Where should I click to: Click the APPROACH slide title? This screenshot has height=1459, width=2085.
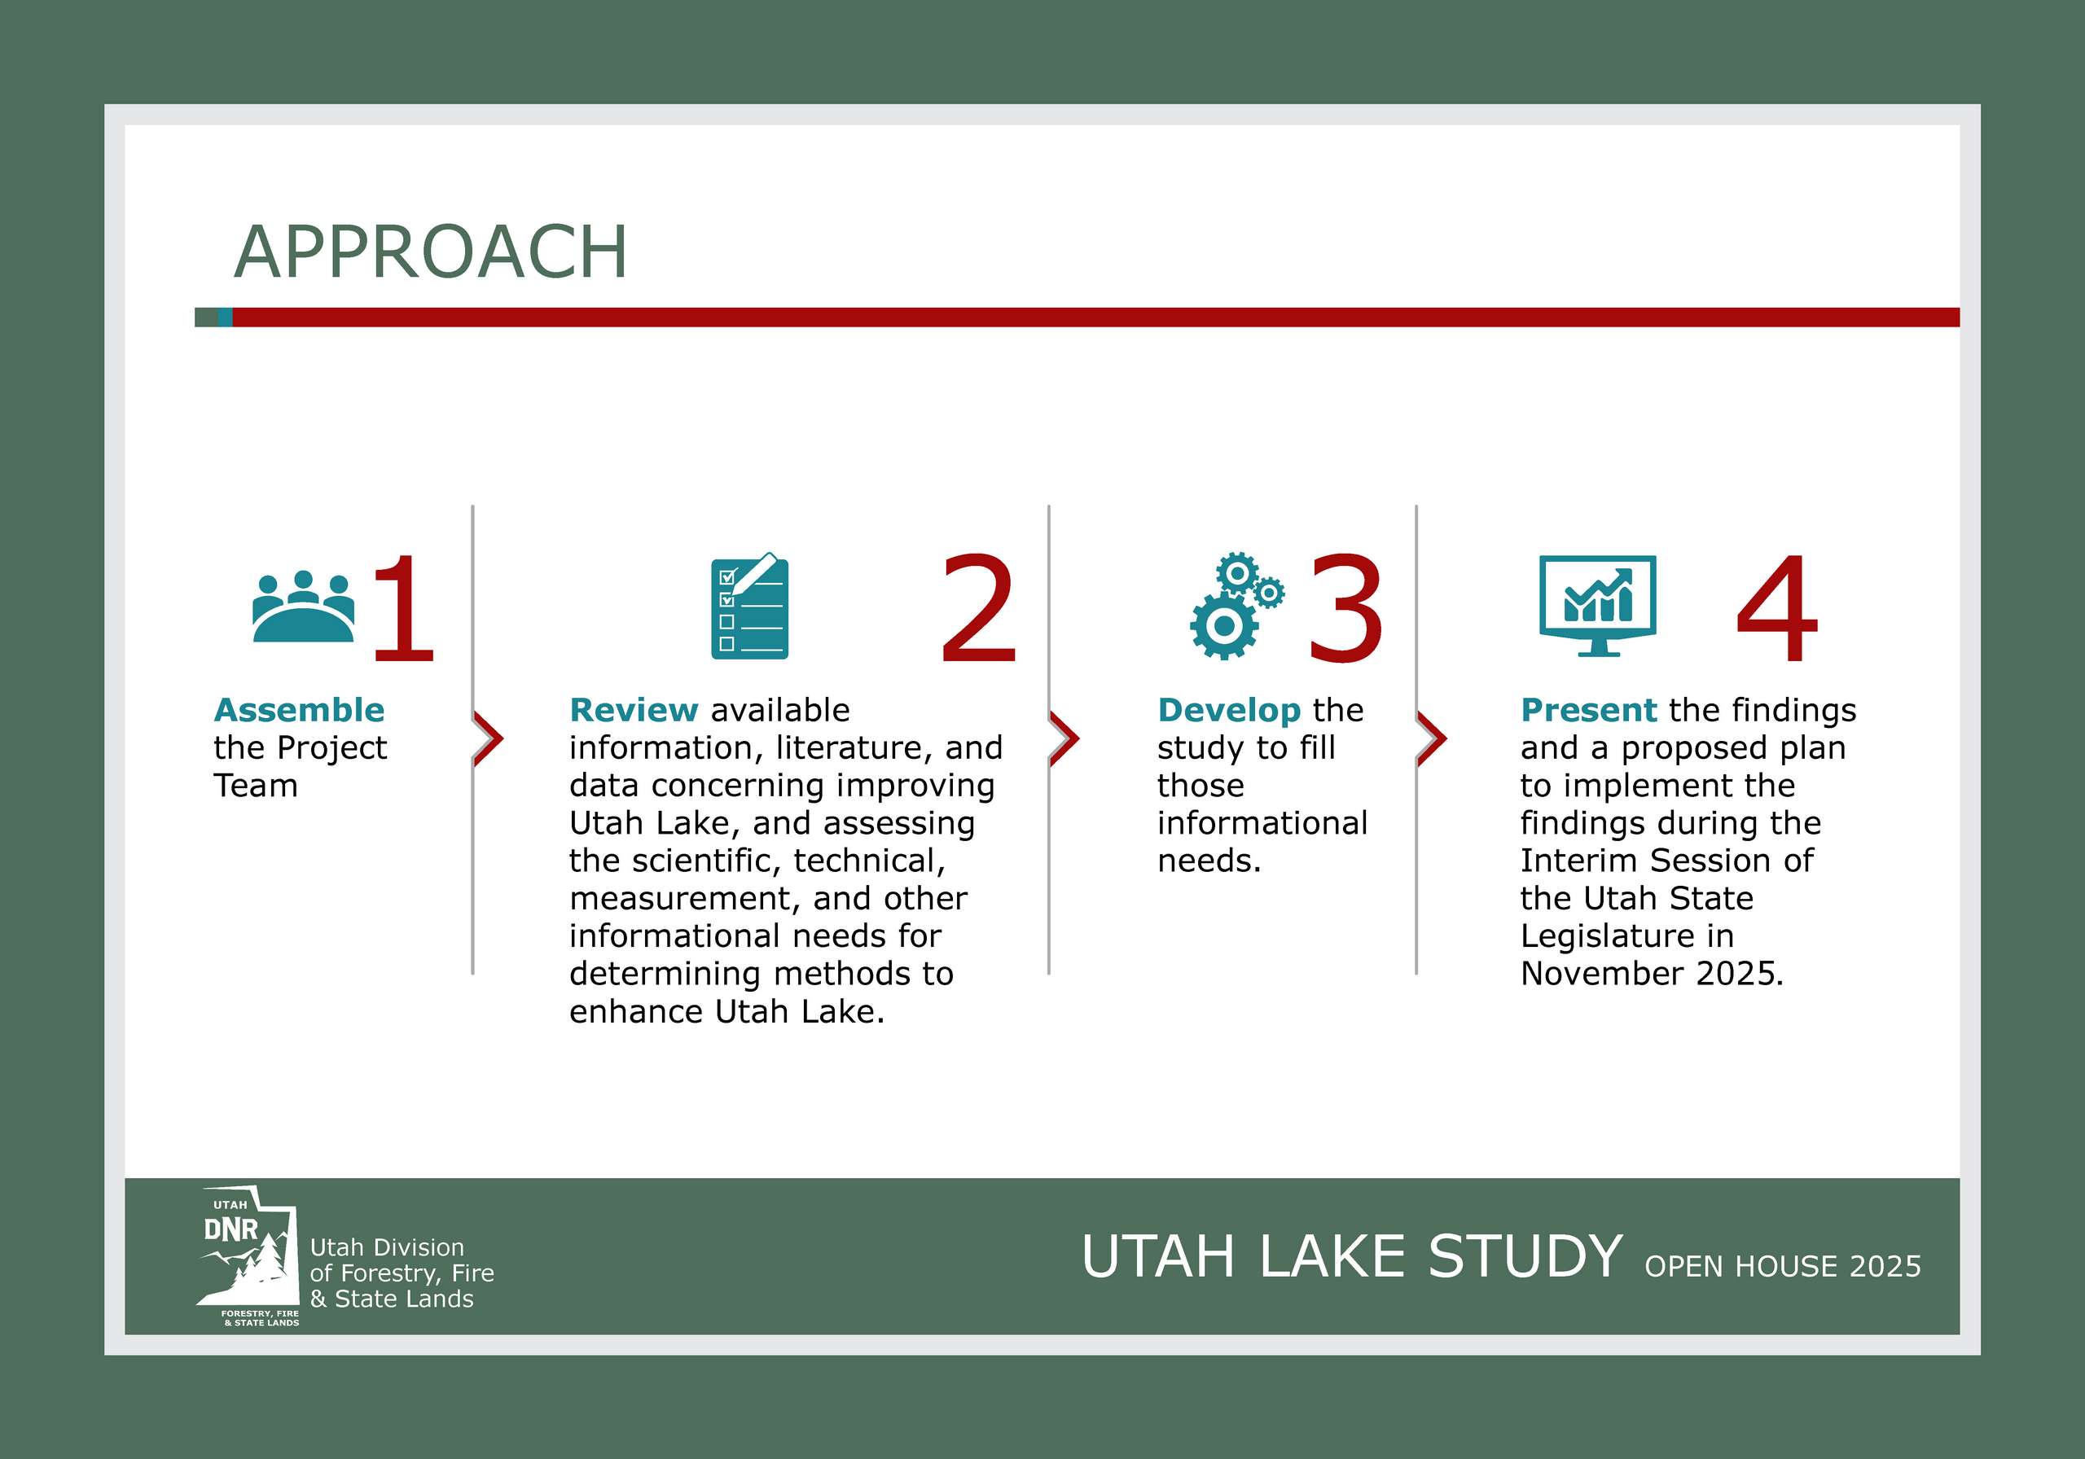tap(431, 252)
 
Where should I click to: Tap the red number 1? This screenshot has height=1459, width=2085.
tap(403, 607)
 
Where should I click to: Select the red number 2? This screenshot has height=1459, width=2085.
tap(978, 607)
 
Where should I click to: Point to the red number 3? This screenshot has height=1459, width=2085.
tap(1345, 607)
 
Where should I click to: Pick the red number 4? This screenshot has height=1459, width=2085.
tap(1777, 607)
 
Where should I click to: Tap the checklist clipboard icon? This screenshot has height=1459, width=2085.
tap(749, 606)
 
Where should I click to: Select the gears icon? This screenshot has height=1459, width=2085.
tap(1236, 606)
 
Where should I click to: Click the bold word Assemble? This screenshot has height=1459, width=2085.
tap(299, 710)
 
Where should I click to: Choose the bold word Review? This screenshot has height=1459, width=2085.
tap(633, 710)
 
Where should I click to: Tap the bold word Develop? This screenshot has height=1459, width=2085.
tap(1229, 710)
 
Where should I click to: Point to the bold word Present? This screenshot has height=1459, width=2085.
tap(1588, 710)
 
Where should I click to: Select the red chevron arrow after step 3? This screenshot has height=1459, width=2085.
tap(1432, 739)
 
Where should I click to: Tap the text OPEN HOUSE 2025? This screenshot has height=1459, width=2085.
tap(1783, 1267)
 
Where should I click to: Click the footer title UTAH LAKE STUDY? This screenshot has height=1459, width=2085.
tap(1351, 1256)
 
